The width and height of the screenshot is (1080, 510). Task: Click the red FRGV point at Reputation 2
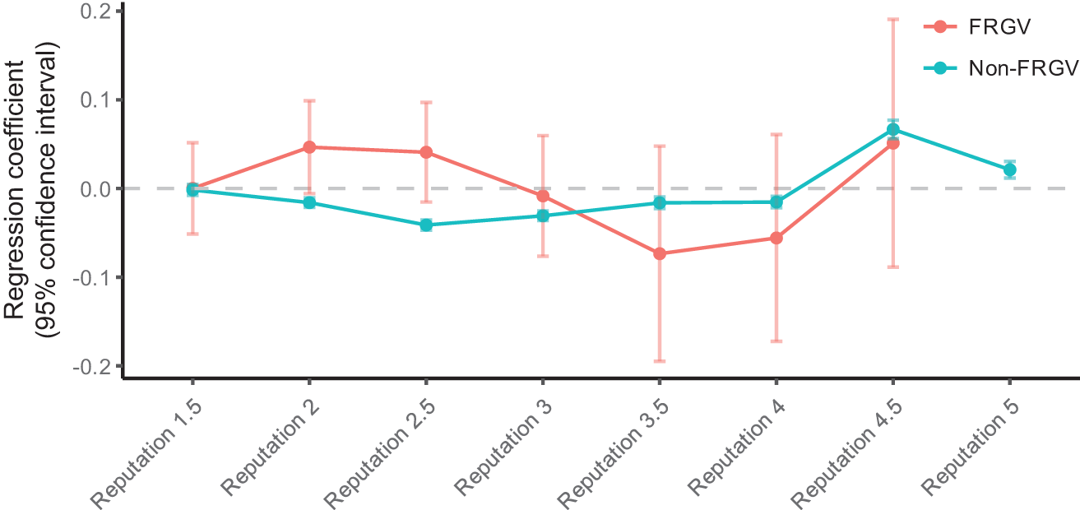click(x=309, y=147)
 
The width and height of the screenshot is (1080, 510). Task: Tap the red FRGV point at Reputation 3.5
click(x=659, y=253)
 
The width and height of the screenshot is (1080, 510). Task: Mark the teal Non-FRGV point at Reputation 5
click(x=1009, y=169)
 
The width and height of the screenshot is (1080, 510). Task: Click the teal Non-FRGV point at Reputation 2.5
click(x=426, y=225)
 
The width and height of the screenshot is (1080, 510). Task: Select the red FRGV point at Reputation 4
click(x=776, y=238)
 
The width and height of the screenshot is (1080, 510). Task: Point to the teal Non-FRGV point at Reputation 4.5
click(x=892, y=129)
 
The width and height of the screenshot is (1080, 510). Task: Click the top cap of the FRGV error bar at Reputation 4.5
click(x=892, y=19)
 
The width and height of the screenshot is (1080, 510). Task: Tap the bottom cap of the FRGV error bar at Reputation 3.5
click(x=659, y=361)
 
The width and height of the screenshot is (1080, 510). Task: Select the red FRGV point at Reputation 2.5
click(x=426, y=152)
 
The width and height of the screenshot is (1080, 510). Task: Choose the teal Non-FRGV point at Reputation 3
click(x=543, y=216)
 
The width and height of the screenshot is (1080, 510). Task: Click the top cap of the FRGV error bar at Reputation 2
click(x=309, y=100)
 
